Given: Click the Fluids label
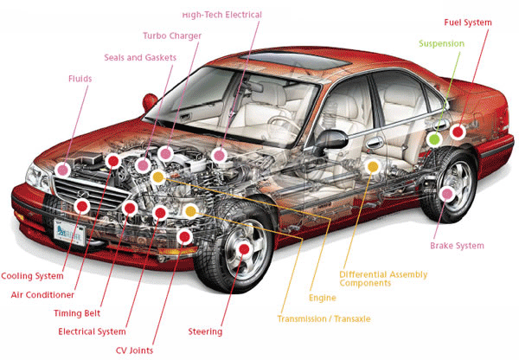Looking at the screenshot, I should coord(80,78).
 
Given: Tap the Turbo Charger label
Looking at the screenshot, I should coord(172,35).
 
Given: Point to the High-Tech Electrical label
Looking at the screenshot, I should coord(221,15).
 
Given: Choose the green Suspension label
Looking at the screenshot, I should coord(441,43).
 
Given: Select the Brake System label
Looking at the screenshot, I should coord(457,246).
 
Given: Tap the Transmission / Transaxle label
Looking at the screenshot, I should coord(324,318).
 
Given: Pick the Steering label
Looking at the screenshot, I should coord(205,331).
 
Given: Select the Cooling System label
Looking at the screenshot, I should coord(32,276).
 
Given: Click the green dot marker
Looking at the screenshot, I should coord(434,138).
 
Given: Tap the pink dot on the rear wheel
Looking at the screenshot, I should coord(447,194).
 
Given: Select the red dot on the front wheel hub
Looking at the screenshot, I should coord(244,249).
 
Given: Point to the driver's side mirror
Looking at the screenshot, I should coord(329,138).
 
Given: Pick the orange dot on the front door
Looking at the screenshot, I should coord(373,165).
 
